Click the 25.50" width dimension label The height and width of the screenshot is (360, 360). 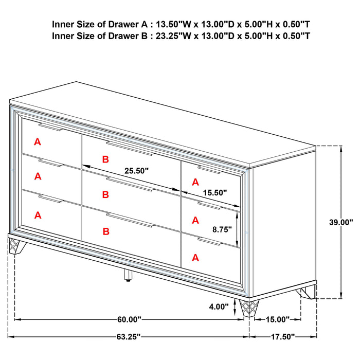136,170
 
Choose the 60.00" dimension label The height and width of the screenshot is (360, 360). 128,319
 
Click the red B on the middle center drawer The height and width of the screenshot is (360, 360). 105,194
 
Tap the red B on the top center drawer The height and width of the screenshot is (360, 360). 105,159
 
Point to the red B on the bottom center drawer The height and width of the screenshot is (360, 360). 105,231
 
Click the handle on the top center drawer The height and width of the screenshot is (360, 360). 130,148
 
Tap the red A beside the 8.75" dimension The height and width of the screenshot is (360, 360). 195,220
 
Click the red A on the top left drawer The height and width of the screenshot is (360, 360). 38,141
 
